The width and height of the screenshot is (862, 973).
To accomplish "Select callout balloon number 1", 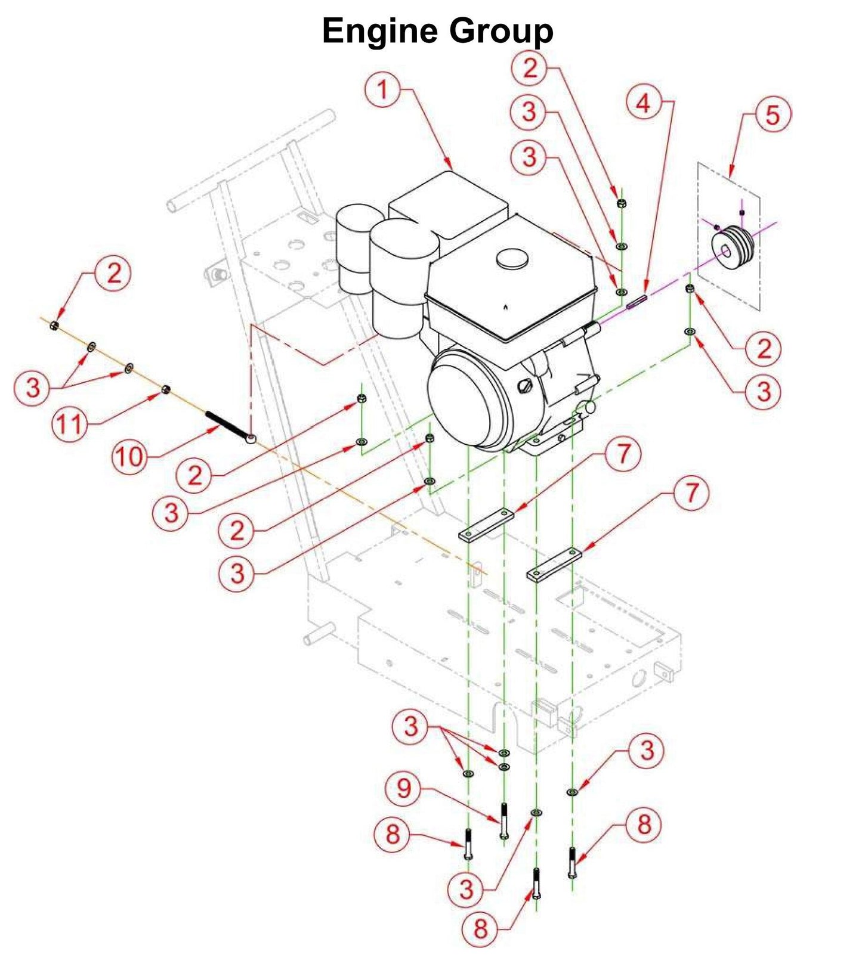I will (x=382, y=91).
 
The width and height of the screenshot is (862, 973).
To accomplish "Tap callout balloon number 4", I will (x=643, y=104).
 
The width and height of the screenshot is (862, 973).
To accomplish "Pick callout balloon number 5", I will (x=773, y=115).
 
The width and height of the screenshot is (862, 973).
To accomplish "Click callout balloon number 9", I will (x=404, y=789).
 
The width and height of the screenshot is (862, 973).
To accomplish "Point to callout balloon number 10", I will (x=129, y=457).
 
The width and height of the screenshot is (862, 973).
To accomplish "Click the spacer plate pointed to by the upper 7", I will (x=486, y=525).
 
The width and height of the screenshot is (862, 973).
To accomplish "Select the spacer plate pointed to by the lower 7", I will (x=554, y=564).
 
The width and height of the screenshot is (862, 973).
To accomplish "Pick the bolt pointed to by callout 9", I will (x=504, y=821).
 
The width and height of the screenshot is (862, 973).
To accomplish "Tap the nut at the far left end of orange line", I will (x=54, y=325).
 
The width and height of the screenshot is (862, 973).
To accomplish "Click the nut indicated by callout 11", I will (x=166, y=389).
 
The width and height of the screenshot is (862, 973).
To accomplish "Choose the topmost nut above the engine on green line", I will (x=621, y=203).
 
